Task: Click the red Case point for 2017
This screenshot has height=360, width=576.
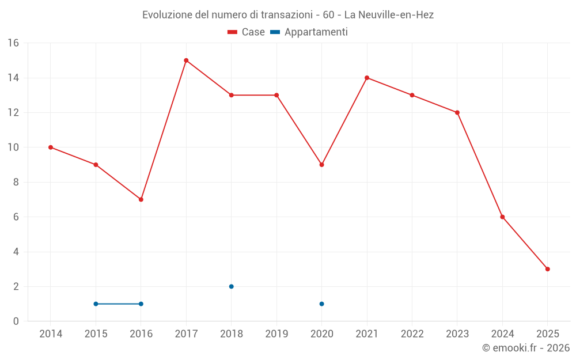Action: pos(186,60)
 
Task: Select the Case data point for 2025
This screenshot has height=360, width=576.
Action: pos(547,269)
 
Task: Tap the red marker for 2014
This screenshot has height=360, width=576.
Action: pos(51,147)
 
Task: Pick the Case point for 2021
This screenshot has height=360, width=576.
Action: pos(367,78)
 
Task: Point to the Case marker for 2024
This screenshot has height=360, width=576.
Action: pos(502,217)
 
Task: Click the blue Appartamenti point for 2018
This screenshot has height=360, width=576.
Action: pos(231,286)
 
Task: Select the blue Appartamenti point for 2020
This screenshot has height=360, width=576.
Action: pos(321,304)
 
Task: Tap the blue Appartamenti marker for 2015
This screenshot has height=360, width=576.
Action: pos(96,304)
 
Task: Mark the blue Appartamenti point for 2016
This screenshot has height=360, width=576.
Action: pos(141,304)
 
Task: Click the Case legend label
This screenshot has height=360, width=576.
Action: pos(253,32)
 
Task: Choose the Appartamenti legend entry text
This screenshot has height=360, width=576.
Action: pos(316,32)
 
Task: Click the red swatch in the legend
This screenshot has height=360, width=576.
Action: pos(233,32)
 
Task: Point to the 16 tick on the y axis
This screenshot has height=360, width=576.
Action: pos(13,43)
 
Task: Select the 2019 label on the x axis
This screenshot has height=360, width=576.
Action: pos(276,334)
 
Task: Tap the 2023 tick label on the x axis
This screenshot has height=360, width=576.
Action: pos(457,334)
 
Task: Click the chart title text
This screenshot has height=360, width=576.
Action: pos(288,15)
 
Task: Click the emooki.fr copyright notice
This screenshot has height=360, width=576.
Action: pos(525,348)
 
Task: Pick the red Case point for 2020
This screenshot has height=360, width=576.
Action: pos(321,165)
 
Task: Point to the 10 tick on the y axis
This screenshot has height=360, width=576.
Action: pos(13,147)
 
